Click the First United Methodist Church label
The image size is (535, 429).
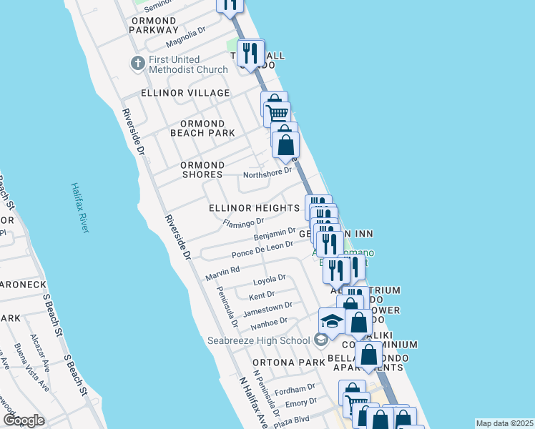[188, 64]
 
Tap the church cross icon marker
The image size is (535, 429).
[137, 64]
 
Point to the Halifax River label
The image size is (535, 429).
[79, 207]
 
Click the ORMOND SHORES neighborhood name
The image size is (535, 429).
[202, 169]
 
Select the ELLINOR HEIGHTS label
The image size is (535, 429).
[254, 208]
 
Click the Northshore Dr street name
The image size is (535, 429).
[267, 171]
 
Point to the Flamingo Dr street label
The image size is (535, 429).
[238, 224]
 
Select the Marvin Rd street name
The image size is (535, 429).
[222, 273]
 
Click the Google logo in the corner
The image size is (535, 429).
[24, 420]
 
